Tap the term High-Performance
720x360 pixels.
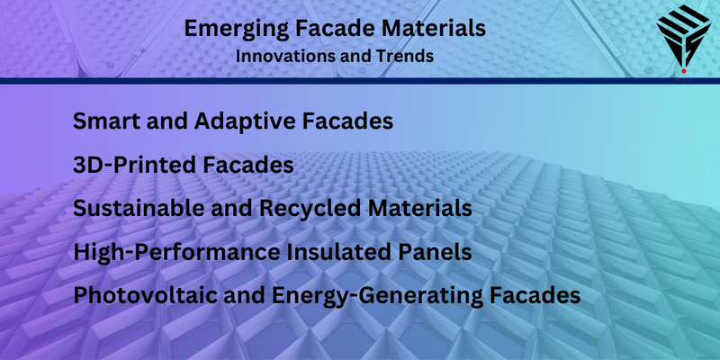click(175, 252)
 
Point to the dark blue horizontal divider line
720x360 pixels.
click(360, 80)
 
